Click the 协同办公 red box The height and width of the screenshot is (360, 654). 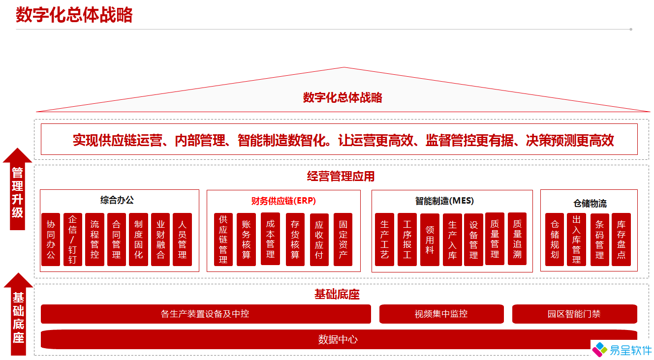(51, 240)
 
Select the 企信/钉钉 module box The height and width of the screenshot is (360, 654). (73, 240)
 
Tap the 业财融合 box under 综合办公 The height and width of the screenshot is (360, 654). (160, 240)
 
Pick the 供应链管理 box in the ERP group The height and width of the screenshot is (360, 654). (223, 240)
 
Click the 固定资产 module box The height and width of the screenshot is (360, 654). (343, 240)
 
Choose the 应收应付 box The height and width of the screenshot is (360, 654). (319, 240)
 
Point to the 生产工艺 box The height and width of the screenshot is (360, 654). (384, 240)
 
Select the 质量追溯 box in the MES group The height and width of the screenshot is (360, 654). (517, 239)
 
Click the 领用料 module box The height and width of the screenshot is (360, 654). (430, 240)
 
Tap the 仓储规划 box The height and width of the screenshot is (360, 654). (555, 240)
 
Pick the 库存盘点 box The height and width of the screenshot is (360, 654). (621, 240)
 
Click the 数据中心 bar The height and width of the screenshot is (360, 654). (339, 339)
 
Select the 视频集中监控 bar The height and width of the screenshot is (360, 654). (441, 314)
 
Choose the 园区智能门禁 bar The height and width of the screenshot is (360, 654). (575, 314)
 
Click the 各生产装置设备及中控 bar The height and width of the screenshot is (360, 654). (206, 314)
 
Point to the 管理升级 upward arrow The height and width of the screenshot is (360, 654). (18, 189)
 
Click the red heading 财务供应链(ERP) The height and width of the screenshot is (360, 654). (283, 201)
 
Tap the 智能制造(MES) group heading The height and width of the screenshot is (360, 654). (444, 201)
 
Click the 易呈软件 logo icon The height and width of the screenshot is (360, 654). (600, 350)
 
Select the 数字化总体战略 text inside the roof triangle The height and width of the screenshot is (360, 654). (343, 97)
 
